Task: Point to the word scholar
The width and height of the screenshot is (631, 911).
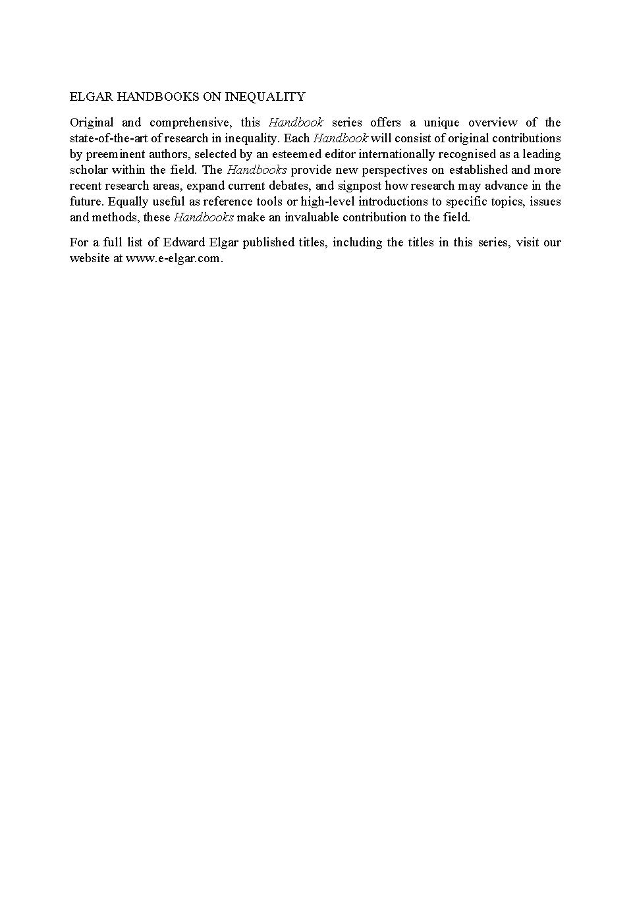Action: pyautogui.click(x=88, y=170)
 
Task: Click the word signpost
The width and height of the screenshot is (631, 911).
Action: pyautogui.click(x=360, y=186)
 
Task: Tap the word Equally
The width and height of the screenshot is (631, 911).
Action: pyautogui.click(x=128, y=202)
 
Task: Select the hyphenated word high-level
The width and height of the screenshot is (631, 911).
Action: pyautogui.click(x=327, y=202)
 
